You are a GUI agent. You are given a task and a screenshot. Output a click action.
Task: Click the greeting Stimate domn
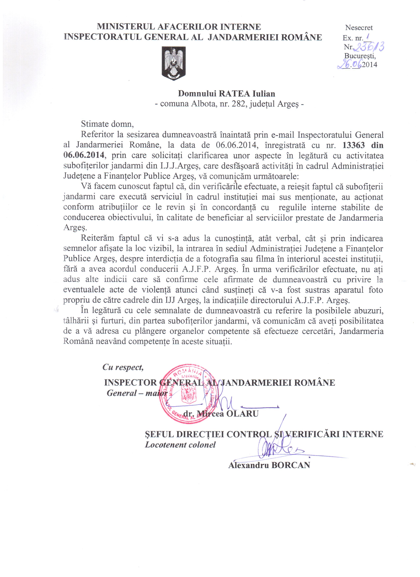tap(107, 124)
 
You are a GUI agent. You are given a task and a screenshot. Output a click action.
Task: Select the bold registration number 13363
tap(353, 145)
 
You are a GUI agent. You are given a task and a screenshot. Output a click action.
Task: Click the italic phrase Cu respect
tap(123, 367)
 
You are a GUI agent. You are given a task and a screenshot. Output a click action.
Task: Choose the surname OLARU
tap(242, 414)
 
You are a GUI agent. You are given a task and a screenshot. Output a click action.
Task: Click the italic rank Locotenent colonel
tap(180, 445)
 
